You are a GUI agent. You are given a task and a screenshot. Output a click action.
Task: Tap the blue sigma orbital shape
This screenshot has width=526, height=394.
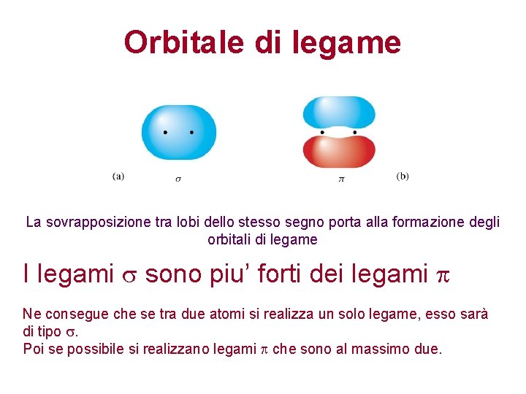coord(178,132)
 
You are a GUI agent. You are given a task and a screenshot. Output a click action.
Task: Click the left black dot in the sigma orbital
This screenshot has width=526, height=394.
coord(165,133)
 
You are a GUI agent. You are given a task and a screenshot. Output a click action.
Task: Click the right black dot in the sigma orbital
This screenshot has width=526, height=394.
coord(191,133)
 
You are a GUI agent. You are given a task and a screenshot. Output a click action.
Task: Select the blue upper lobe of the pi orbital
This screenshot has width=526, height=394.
coord(339,112)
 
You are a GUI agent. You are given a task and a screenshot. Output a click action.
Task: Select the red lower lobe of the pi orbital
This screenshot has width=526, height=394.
coord(339,151)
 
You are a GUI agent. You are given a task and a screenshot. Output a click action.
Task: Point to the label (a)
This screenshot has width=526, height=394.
coord(118,176)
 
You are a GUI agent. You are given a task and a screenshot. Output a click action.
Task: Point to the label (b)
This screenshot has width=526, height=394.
coord(403,176)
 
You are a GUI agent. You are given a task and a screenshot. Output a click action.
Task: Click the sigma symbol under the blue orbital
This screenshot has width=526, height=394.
coord(178,179)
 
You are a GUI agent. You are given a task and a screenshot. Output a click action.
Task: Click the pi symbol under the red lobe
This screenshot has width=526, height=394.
coord(340,179)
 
